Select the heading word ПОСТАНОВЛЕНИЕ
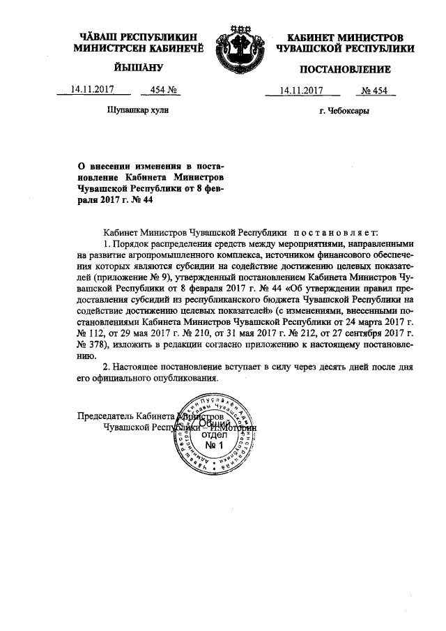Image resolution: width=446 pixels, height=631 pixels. click(x=345, y=69)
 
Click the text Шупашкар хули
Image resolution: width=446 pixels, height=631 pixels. click(x=137, y=110)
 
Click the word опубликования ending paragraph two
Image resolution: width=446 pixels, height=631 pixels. click(x=187, y=378)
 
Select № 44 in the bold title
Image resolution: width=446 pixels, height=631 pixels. click(x=140, y=199)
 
